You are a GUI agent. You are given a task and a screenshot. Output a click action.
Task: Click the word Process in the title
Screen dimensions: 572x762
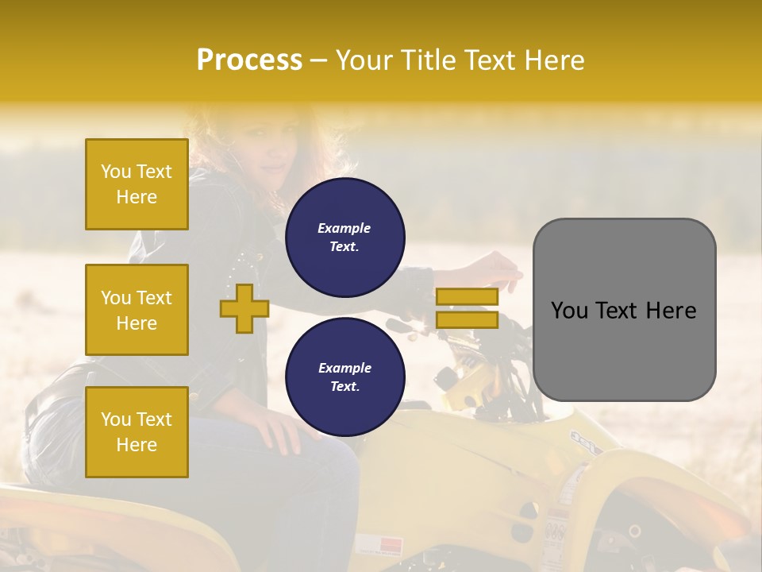pos(249,60)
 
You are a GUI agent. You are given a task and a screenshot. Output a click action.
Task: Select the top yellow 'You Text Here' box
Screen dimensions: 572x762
pos(137,184)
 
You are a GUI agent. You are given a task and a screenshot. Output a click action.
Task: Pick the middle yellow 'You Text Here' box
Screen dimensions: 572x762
pos(137,310)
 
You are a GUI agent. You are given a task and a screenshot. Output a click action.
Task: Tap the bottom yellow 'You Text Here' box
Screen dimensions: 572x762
pos(137,432)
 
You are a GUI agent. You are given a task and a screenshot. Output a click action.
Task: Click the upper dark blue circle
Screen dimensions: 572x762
pos(344,238)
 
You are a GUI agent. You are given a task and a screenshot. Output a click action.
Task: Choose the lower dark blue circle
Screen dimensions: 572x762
pos(344,377)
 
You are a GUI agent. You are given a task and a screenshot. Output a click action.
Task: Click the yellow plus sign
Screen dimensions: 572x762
pos(244,307)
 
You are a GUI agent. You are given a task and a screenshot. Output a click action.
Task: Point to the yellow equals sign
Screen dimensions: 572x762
pos(467,308)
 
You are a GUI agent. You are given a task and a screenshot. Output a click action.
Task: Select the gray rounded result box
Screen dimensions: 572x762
pos(624,310)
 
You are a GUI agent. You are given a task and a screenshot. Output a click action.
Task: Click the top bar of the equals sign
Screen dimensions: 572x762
pos(467,297)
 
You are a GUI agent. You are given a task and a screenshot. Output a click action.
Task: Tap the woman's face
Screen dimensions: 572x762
pos(266,147)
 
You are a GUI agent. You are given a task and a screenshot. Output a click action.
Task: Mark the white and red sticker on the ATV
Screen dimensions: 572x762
pos(379,546)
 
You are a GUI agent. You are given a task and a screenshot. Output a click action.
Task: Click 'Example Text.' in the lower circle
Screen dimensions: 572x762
pos(344,377)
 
